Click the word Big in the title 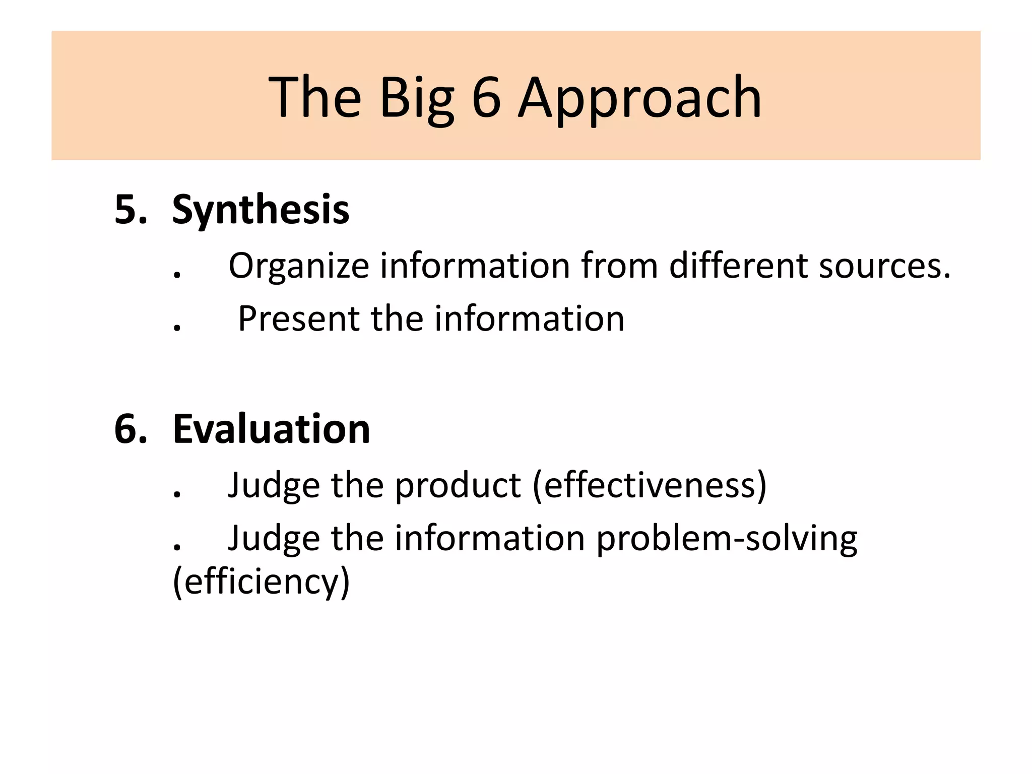tap(416, 98)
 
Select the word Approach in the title tap(639, 98)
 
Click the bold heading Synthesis tap(261, 210)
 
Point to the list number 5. tap(131, 210)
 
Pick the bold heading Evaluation tap(271, 429)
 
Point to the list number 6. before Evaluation tap(131, 429)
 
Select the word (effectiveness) tap(650, 486)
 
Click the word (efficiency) tap(261, 582)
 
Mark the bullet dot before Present tap(177, 329)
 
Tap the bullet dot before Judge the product tap(177, 495)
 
